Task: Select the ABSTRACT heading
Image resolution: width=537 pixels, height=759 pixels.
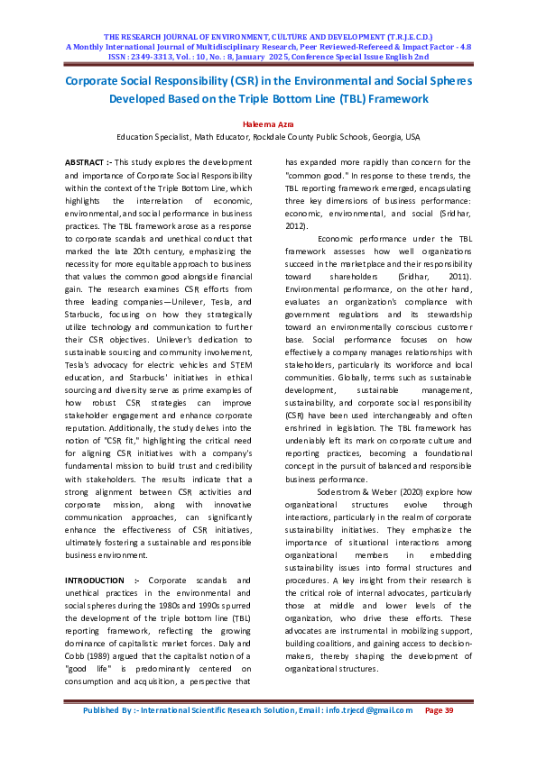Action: click(x=86, y=160)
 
